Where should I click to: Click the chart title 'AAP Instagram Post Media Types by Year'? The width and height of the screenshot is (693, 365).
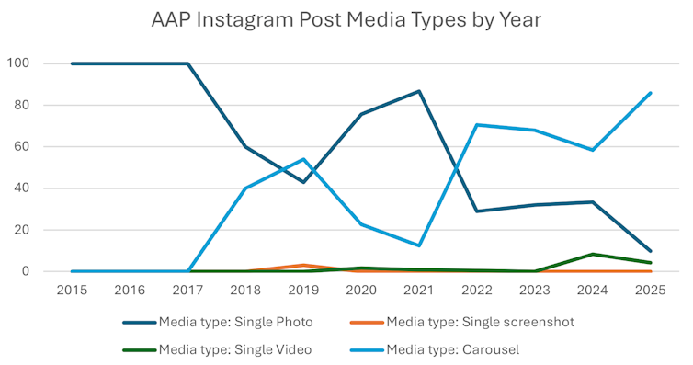346,20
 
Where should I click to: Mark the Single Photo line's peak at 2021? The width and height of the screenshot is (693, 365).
420,91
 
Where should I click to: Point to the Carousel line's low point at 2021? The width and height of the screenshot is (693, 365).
420,245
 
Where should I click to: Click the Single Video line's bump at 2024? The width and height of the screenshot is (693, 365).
594,254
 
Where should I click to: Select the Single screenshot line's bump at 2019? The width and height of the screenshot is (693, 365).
304,265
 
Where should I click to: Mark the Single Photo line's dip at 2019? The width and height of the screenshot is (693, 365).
304,182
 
